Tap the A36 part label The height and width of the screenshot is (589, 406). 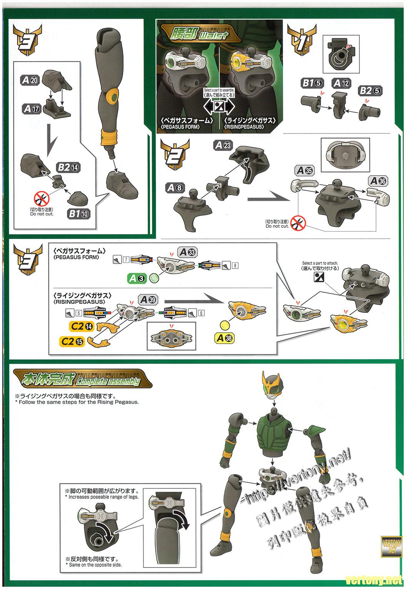pos(377,181)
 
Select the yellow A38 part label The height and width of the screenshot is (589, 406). pos(224,338)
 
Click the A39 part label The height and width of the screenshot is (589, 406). pos(149,300)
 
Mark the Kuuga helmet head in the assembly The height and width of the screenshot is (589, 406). pos(274,385)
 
